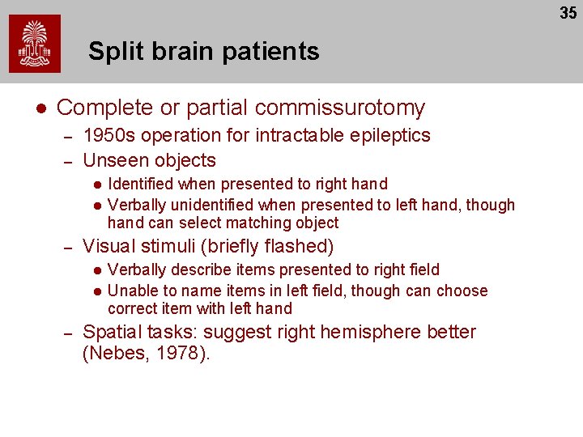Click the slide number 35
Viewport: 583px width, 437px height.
(x=568, y=13)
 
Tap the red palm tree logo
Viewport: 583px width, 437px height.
(x=35, y=45)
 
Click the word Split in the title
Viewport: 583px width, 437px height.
(x=113, y=52)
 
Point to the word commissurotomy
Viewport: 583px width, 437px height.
(x=340, y=108)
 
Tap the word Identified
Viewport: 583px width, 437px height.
(x=141, y=185)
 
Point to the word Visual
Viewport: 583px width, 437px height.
(x=109, y=246)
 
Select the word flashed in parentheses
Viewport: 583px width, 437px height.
(x=299, y=246)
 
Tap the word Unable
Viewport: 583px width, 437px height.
(x=131, y=291)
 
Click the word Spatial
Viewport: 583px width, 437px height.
(x=113, y=332)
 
